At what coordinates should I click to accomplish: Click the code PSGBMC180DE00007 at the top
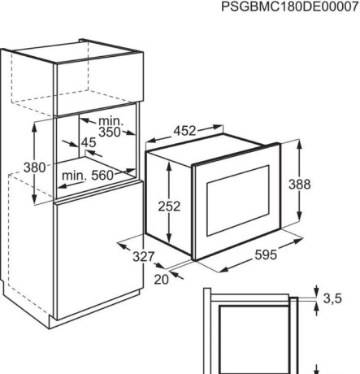click(x=290, y=7)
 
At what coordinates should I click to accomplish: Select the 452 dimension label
click(x=184, y=131)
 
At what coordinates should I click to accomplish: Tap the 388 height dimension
click(x=299, y=185)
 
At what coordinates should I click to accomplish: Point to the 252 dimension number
click(x=169, y=207)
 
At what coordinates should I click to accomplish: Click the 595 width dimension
click(x=266, y=254)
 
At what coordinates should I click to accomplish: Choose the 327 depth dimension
click(x=144, y=257)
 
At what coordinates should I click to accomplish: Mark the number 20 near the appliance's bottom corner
click(x=161, y=280)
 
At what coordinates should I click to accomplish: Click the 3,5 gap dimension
click(x=332, y=298)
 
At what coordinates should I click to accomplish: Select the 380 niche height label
click(x=34, y=167)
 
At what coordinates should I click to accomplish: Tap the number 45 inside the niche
click(x=89, y=142)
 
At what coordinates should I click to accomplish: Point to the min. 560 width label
click(x=88, y=176)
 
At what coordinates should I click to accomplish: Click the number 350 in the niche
click(x=110, y=132)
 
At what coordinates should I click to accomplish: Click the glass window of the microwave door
click(x=238, y=201)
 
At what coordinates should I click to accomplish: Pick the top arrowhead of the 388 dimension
click(x=299, y=145)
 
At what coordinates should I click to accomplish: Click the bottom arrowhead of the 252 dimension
click(x=169, y=237)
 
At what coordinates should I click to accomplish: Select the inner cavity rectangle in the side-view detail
click(x=254, y=340)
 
